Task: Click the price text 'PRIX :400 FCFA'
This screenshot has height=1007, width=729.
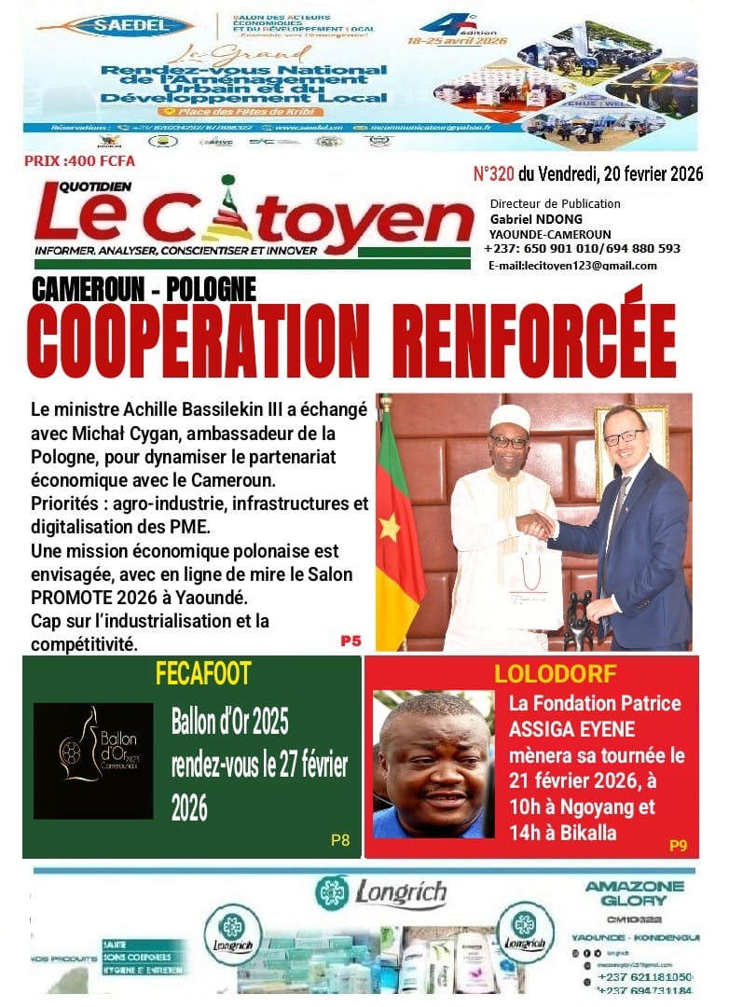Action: pos(79,160)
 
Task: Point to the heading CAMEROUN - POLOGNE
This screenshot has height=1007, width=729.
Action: pos(144,289)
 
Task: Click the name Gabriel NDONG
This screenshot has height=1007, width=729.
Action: pos(535,218)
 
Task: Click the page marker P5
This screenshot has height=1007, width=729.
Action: pos(351,641)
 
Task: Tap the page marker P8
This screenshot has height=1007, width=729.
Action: pos(340,840)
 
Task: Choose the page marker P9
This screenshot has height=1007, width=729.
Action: pos(678,846)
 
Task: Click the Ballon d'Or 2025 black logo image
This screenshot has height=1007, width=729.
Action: pos(93,760)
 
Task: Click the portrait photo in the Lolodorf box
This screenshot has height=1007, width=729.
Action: pos(432,764)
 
